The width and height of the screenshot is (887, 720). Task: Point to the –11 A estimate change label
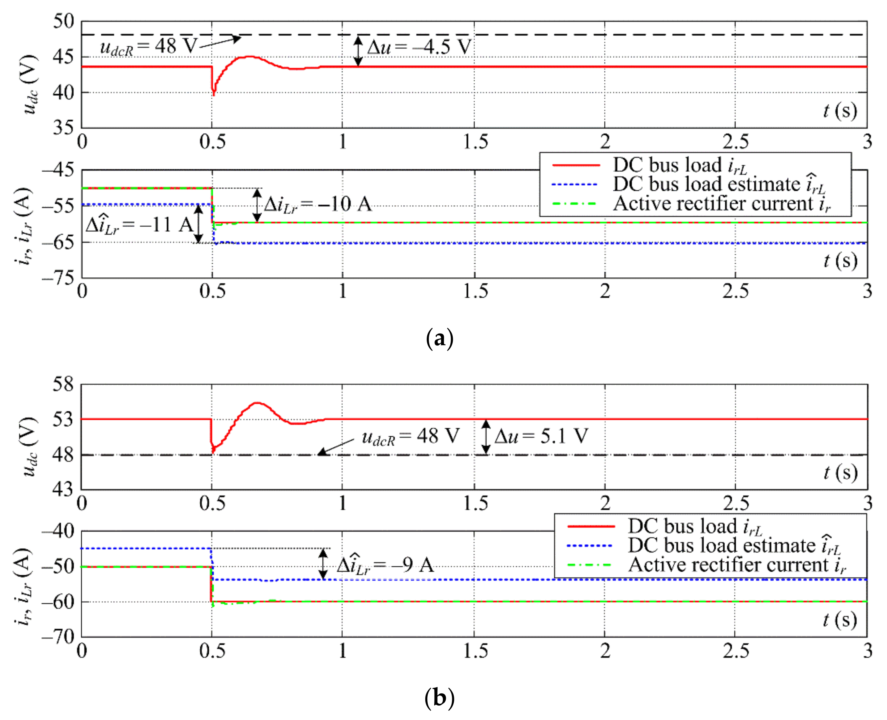coord(139,226)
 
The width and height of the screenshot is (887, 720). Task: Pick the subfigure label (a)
coord(439,338)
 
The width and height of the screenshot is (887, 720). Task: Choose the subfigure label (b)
coord(439,698)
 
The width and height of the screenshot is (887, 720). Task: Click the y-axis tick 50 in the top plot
coord(63,21)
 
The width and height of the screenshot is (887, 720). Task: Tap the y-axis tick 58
coord(63,384)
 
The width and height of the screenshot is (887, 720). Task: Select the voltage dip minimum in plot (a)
coord(214,94)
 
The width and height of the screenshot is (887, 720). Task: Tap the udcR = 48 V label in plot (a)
coord(148,46)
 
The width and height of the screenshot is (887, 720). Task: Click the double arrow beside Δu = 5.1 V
coord(486,437)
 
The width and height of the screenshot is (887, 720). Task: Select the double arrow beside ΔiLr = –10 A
coord(257,205)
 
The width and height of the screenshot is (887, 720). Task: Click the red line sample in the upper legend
coord(576,165)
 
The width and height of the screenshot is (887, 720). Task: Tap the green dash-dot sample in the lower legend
coord(589,565)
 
